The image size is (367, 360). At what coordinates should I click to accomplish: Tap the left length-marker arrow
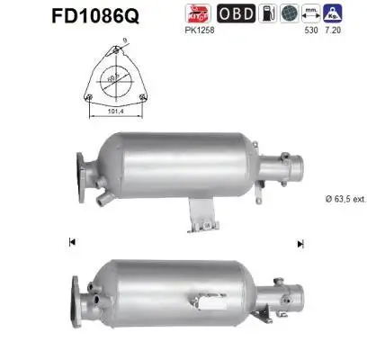73,242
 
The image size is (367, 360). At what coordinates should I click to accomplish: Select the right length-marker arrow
300,242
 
